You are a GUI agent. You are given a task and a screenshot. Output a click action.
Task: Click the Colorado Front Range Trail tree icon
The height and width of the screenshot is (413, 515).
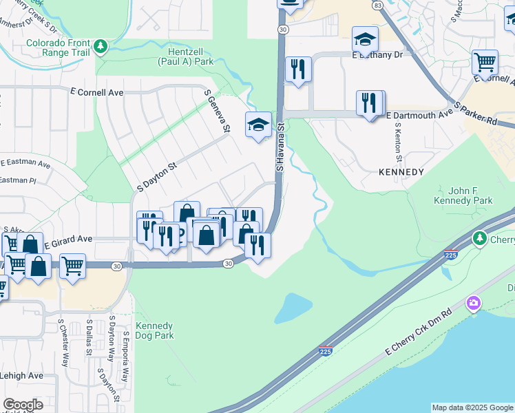pos(101,46)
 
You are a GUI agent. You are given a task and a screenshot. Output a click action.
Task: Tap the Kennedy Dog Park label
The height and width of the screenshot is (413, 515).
pos(154,331)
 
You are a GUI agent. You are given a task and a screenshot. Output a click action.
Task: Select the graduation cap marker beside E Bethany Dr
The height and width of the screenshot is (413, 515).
pos(365,39)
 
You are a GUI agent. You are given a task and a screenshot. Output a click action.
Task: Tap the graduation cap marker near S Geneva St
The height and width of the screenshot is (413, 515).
pos(258,125)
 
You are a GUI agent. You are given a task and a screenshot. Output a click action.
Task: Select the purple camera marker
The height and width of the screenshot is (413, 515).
pos(473,302)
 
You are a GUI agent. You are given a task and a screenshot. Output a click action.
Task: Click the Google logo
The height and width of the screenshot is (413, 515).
pos(23,405)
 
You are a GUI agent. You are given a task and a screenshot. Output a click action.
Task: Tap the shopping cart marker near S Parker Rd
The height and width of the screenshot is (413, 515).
pos(485,62)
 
